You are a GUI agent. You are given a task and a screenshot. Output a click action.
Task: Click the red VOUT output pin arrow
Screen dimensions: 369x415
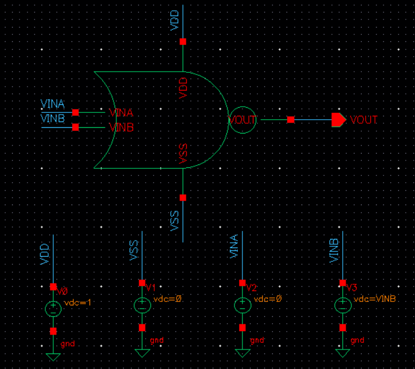coord(338,120)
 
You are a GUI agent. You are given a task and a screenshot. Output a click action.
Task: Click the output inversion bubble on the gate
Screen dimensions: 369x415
coord(242,120)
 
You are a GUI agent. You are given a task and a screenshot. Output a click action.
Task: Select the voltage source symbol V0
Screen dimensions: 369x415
coord(53,309)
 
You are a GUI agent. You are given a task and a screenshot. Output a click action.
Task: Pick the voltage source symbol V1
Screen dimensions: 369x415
coord(142,305)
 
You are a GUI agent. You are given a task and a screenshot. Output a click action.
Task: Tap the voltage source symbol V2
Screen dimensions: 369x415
coord(242,305)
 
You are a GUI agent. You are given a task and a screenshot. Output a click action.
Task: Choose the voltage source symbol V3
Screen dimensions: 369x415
coord(343,305)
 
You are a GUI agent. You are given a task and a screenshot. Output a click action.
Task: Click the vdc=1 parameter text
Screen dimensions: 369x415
coord(78,302)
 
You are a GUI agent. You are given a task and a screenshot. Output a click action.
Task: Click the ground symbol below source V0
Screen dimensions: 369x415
coord(53,356)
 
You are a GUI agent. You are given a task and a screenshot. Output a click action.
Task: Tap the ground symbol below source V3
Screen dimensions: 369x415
coord(343,353)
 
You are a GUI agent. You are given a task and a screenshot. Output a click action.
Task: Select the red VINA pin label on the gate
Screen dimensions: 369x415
coord(121,113)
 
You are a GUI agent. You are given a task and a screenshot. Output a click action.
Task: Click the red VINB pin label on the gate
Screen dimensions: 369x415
coord(121,127)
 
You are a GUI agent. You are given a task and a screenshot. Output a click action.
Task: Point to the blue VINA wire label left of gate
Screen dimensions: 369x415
coord(53,104)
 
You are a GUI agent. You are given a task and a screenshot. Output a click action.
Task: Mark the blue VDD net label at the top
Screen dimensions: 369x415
coord(175,20)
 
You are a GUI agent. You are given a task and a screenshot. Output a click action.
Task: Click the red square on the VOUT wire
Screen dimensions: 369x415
coord(291,120)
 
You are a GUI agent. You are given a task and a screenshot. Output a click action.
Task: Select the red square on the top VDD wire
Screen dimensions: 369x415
coord(183,41)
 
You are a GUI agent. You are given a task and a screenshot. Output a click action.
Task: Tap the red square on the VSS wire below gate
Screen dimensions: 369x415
coord(183,198)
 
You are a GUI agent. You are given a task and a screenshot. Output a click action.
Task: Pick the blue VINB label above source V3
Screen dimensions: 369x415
coord(335,250)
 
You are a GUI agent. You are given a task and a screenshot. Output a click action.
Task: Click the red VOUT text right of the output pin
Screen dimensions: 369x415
coord(364,120)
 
